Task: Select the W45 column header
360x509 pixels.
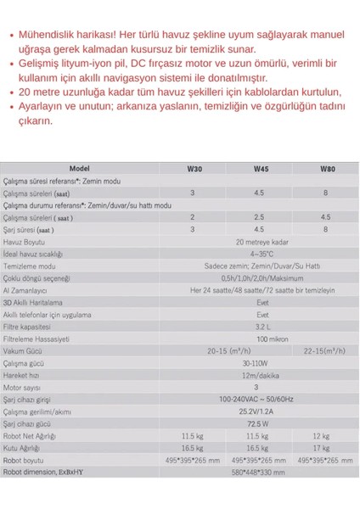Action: pyautogui.click(x=260, y=169)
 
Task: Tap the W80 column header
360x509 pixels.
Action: pyautogui.click(x=327, y=169)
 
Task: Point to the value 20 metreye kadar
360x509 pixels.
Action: pyautogui.click(x=260, y=241)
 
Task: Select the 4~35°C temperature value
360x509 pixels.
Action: pyautogui.click(x=260, y=253)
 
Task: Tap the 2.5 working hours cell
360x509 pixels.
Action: pyautogui.click(x=260, y=217)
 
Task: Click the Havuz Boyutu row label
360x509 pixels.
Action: pyautogui.click(x=24, y=241)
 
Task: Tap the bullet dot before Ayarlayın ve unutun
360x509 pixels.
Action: pyautogui.click(x=9, y=108)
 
